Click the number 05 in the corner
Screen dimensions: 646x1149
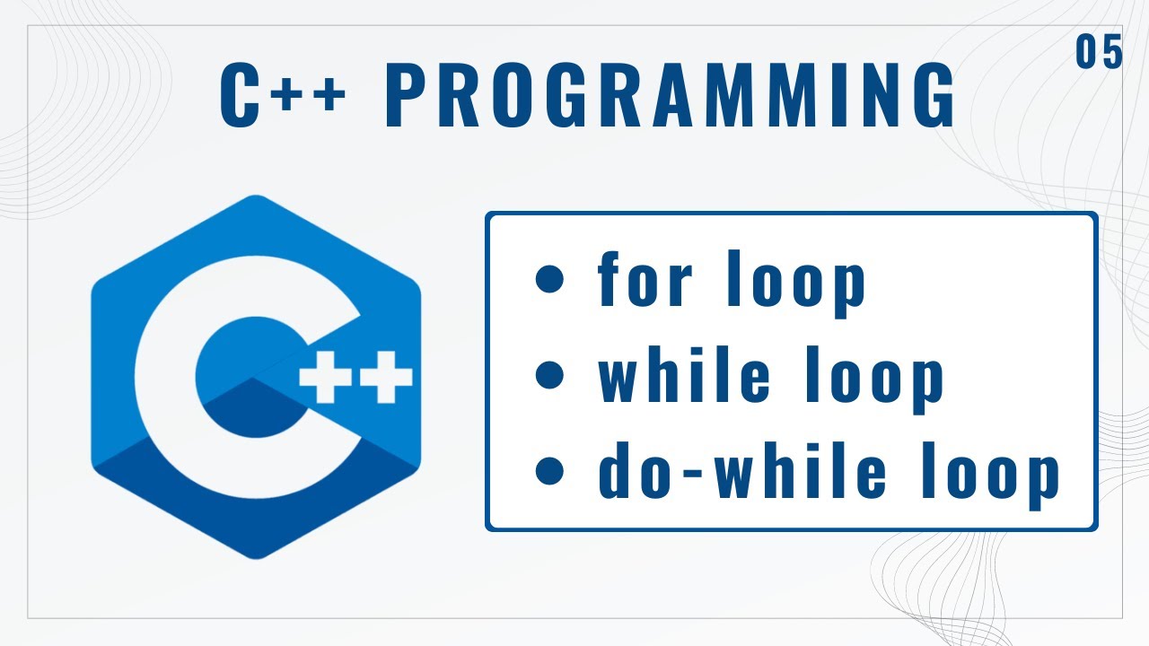click(x=1100, y=54)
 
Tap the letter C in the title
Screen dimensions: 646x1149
click(x=241, y=95)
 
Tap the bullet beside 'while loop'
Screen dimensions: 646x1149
click(x=548, y=376)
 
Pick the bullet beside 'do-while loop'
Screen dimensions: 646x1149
click(x=548, y=471)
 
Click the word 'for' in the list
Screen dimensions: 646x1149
click(x=645, y=280)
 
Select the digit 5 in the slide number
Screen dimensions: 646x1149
click(x=1112, y=54)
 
